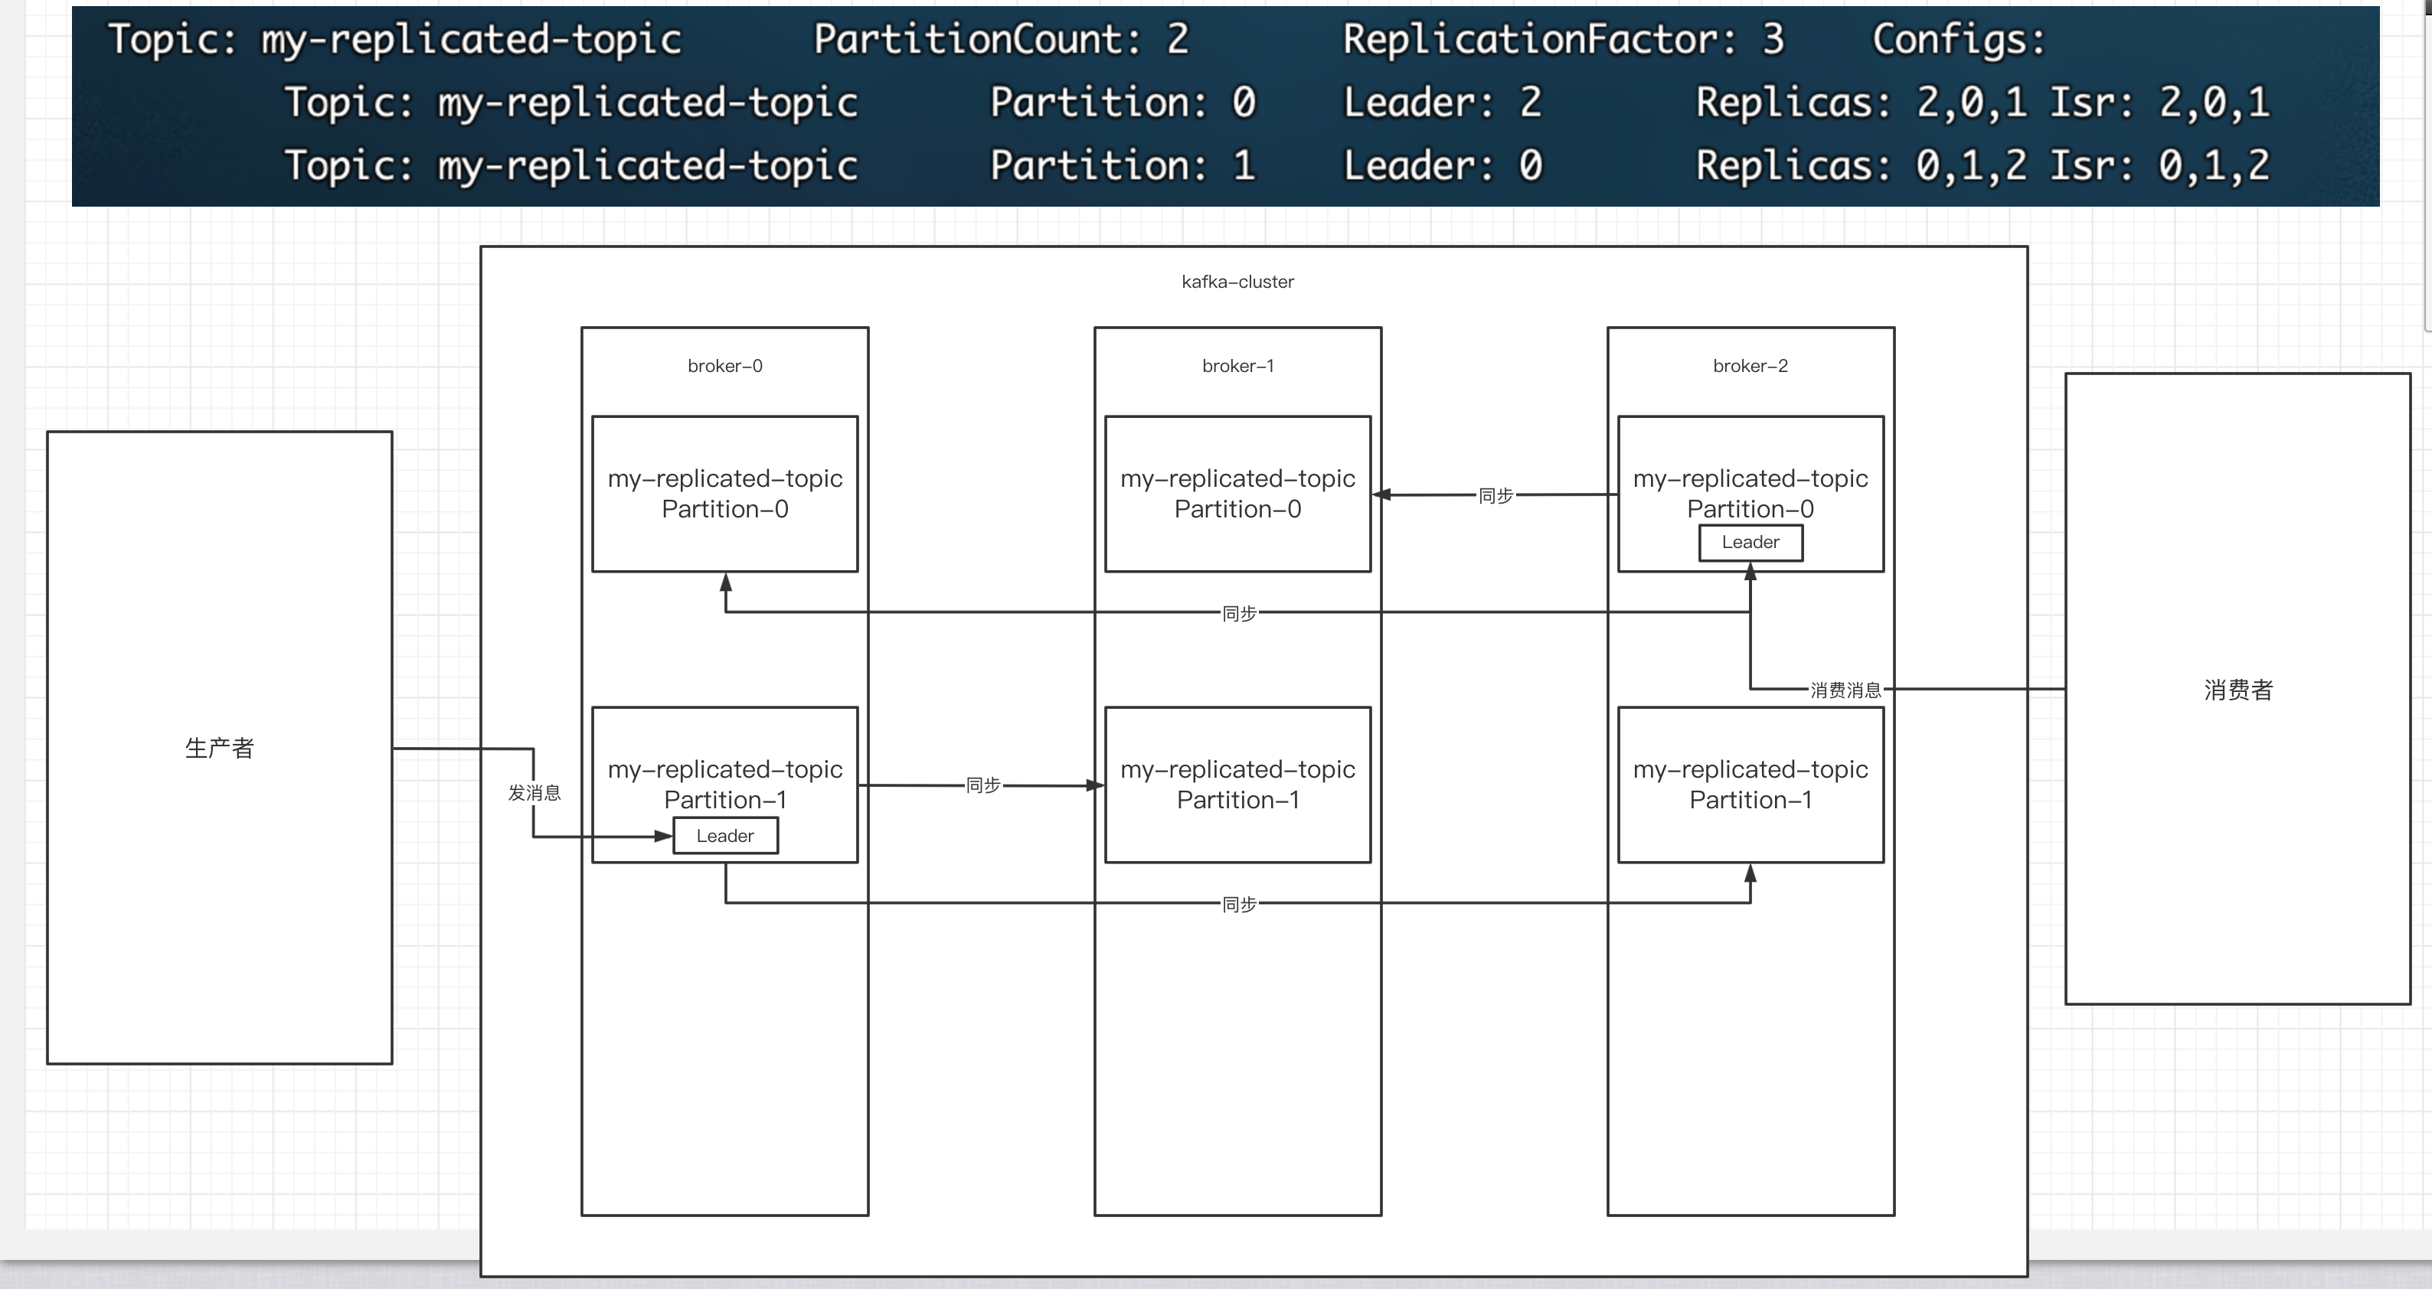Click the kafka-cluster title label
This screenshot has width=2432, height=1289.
(x=1237, y=281)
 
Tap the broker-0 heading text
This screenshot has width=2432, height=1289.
(x=724, y=365)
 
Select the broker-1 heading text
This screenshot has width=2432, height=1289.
(x=1237, y=365)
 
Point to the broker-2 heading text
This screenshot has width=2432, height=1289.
(x=1750, y=365)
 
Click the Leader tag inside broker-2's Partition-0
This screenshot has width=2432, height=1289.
(x=1750, y=543)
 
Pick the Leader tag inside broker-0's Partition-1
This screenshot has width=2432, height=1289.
(x=724, y=836)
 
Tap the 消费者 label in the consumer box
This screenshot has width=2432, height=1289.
(x=2238, y=690)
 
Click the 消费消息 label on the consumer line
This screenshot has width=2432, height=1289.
(x=1845, y=690)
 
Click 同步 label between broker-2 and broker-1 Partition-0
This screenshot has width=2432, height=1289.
(x=1495, y=495)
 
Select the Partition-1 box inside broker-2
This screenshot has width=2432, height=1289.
(x=1750, y=783)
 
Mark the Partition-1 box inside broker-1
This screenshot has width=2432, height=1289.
(x=1237, y=783)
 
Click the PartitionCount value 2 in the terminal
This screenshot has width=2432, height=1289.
(x=1177, y=40)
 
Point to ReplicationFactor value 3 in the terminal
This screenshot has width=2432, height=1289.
(x=1772, y=40)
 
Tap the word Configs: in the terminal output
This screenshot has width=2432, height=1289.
(x=1957, y=40)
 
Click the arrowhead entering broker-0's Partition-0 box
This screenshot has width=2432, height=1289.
(x=725, y=582)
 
